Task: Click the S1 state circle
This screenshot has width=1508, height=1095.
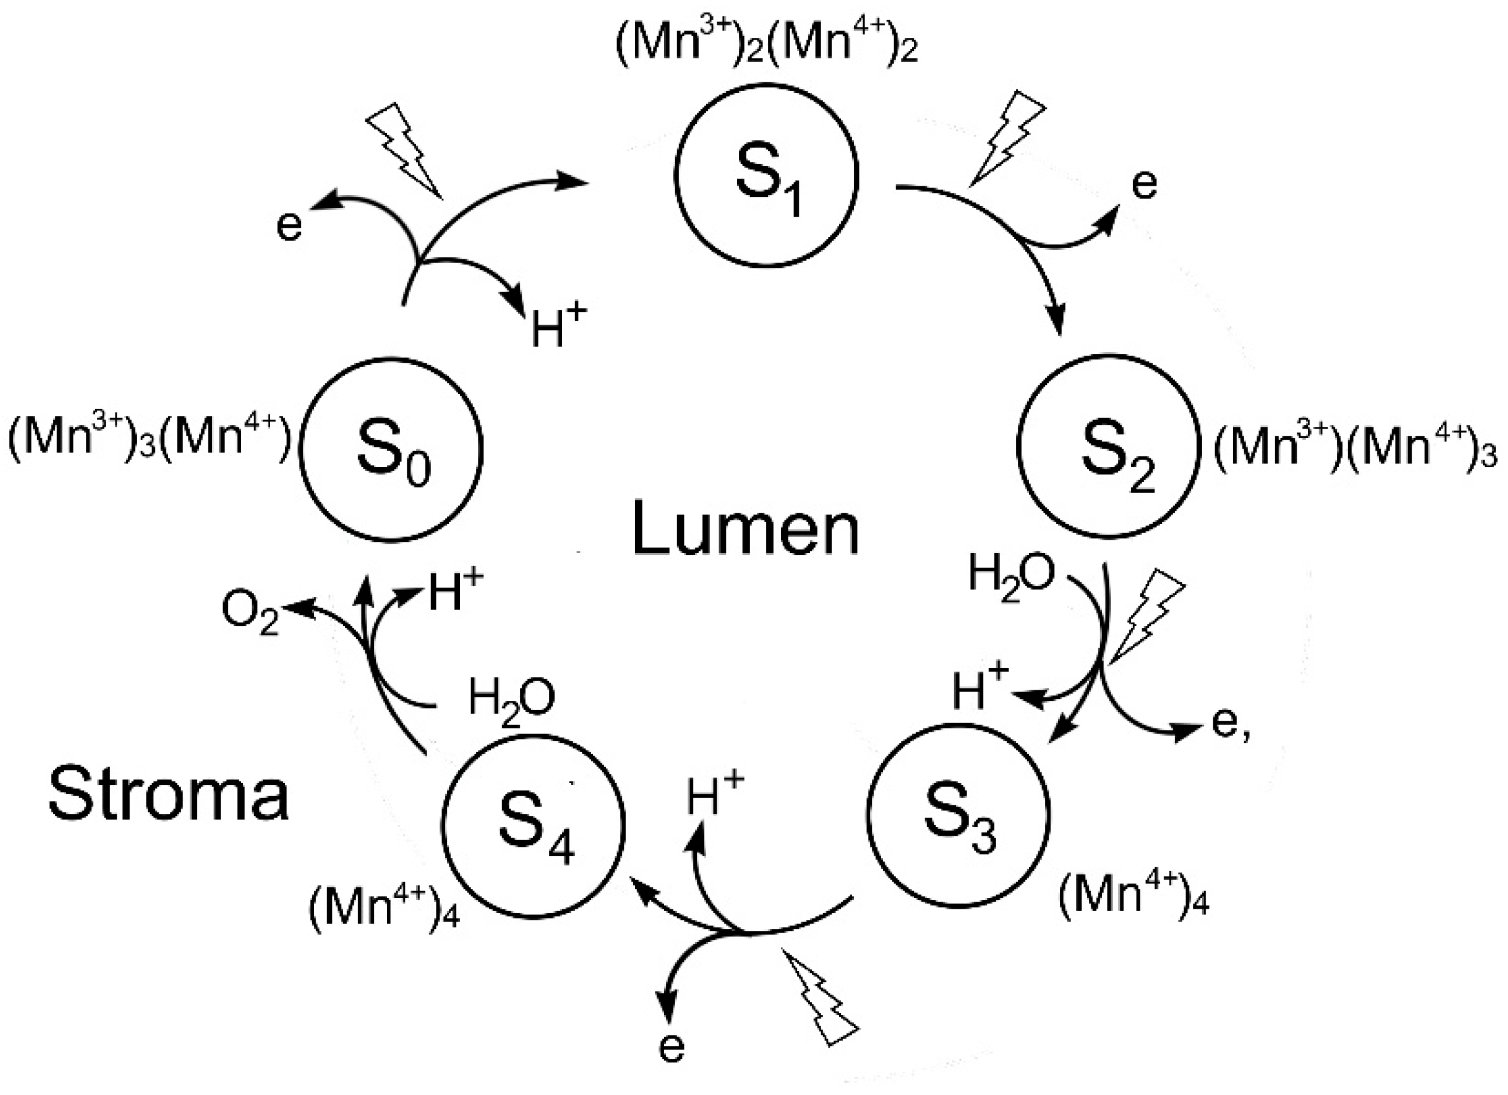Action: point(766,176)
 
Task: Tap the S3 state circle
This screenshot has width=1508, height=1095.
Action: point(958,815)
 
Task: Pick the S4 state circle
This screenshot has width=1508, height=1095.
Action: point(533,827)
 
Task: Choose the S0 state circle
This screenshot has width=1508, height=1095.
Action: point(391,450)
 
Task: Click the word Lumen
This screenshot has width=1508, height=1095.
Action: point(745,530)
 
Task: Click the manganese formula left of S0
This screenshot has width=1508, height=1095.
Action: point(149,440)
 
